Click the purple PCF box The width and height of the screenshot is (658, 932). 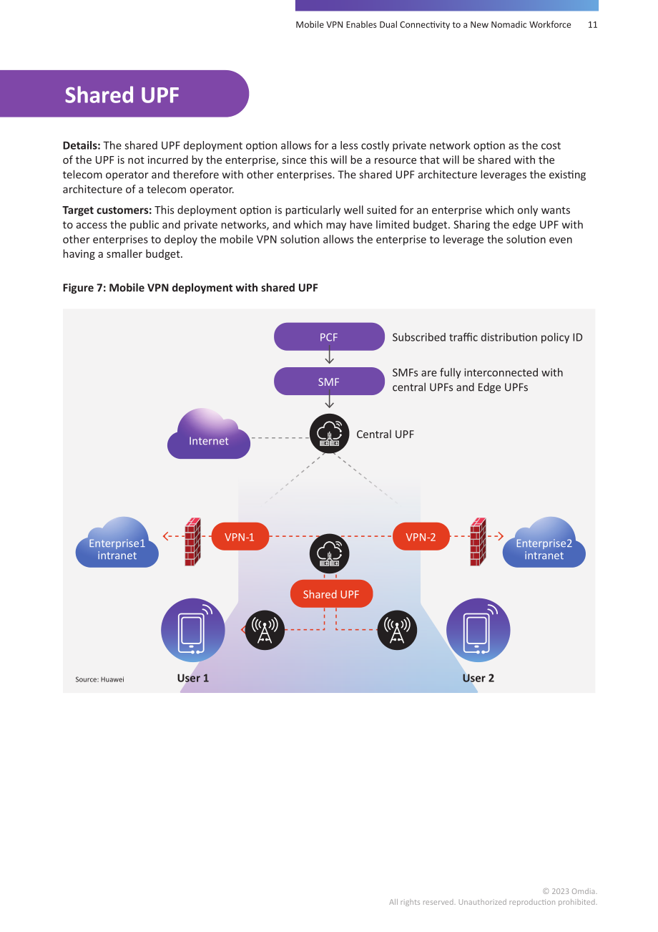pos(329,336)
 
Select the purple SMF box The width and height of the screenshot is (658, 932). pos(329,381)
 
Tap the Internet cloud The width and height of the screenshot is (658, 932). pos(209,434)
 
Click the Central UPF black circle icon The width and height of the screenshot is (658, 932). pos(329,433)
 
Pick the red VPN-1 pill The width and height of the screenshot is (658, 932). pos(240,537)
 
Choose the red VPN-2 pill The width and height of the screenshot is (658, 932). pos(421,537)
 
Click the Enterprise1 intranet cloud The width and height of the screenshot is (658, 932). pos(117,543)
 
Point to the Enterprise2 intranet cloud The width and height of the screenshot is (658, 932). pos(544,543)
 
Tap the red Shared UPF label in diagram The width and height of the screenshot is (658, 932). pos(331,593)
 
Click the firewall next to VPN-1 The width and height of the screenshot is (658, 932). pos(193,542)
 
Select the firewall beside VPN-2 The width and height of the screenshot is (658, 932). pos(478,542)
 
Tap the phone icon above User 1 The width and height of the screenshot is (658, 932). pos(193,630)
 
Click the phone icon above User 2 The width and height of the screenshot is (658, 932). pos(478,630)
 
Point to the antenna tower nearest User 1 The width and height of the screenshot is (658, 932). pos(265,630)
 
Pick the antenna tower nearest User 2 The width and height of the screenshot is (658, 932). pos(397,630)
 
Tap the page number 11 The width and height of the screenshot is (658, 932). pos(592,25)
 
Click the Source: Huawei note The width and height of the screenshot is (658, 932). pos(99,679)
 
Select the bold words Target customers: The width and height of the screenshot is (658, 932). pos(107,210)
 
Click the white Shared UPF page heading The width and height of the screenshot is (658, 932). pos(122,95)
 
